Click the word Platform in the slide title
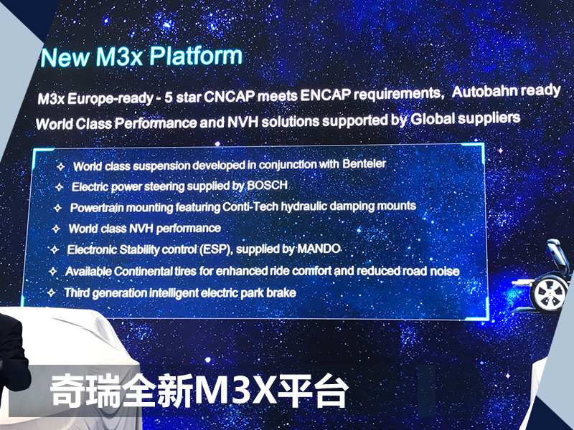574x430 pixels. click(196, 56)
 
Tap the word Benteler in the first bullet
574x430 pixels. click(364, 163)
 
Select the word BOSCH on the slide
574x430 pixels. click(267, 185)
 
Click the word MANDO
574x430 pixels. click(319, 249)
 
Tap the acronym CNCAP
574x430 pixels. click(229, 97)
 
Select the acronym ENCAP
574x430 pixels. click(326, 95)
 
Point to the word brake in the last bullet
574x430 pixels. click(281, 293)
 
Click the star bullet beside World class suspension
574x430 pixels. click(61, 167)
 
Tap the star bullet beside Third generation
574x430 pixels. click(51, 292)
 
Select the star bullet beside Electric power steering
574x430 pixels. click(60, 187)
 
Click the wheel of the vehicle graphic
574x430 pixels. click(548, 292)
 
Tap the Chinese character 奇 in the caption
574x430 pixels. click(67, 391)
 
